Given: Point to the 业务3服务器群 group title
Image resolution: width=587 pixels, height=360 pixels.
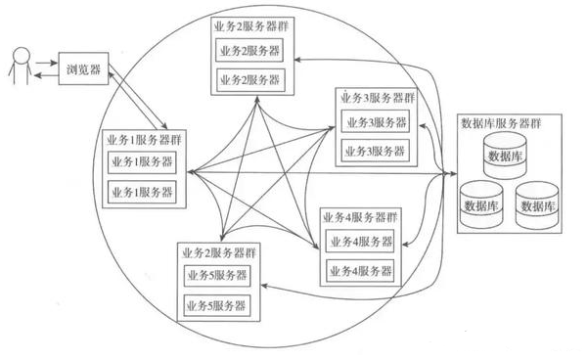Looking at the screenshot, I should (x=377, y=99).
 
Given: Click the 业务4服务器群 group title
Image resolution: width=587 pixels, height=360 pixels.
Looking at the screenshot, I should (x=359, y=216).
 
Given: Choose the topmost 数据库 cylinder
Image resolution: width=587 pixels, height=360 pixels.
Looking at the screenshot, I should (x=506, y=155).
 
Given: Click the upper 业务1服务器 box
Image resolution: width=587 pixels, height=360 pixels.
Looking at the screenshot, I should (x=143, y=162).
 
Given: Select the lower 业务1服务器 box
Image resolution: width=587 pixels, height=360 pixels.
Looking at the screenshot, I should (x=143, y=192).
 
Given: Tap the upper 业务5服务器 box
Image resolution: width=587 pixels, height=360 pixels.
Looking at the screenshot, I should (x=215, y=276).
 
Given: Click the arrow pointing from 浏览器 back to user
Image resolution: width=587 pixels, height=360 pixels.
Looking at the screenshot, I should (x=45, y=76).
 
